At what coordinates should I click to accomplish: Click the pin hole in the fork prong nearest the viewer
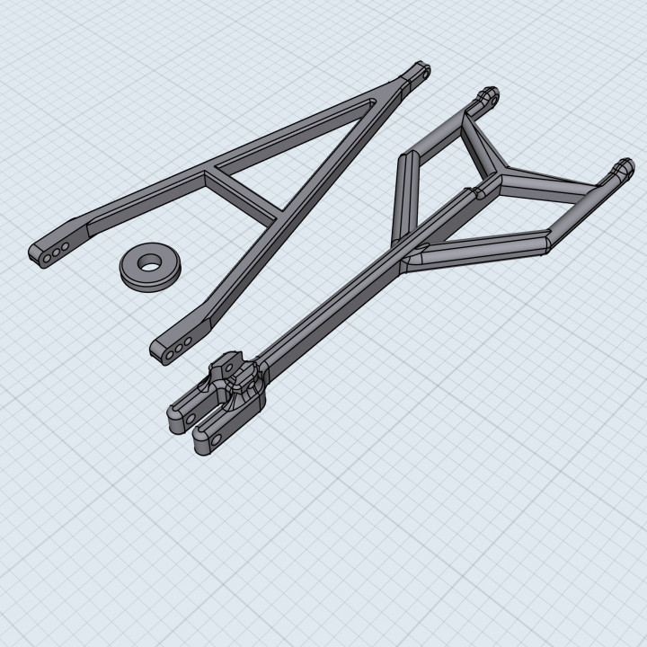[x=216, y=439]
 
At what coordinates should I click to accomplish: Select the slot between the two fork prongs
[x=205, y=415]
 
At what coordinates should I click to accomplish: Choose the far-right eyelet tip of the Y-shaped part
[x=622, y=167]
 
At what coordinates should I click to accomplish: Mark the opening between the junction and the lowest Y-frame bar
[x=503, y=216]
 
